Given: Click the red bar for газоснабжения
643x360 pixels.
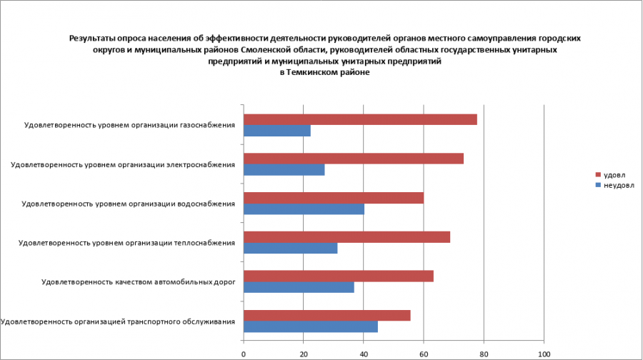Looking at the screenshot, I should (x=360, y=119).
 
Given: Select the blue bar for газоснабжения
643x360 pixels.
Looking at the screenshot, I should (x=277, y=131).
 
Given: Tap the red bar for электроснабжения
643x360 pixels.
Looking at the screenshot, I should (x=354, y=159).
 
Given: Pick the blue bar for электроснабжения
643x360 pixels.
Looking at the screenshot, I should (x=284, y=170).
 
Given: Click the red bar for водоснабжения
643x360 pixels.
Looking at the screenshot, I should (x=334, y=198).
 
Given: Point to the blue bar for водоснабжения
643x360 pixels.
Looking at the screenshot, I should (x=304, y=209).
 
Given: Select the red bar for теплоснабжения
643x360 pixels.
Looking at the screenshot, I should (x=347, y=237).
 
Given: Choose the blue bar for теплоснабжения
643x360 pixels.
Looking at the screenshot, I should (x=290, y=249).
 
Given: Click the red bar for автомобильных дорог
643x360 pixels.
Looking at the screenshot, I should (x=339, y=276).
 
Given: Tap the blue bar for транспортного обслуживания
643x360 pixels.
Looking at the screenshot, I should (x=311, y=326).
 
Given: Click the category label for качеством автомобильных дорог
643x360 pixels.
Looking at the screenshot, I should (x=139, y=282).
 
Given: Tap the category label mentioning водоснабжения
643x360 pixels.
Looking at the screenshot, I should (x=129, y=204).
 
